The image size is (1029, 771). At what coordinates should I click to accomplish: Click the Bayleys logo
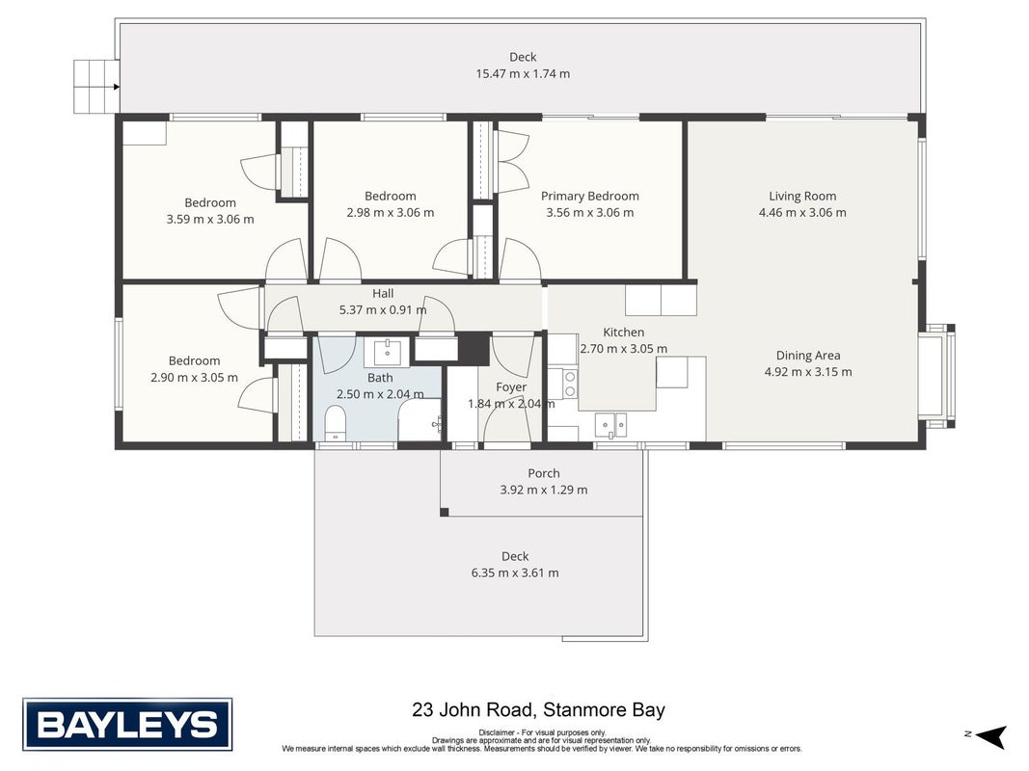(127, 725)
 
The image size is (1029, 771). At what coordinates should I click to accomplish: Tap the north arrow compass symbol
(991, 735)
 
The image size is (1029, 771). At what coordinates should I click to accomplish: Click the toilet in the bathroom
(336, 423)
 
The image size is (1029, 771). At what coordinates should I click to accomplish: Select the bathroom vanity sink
(387, 353)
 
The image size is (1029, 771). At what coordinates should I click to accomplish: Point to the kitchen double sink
(611, 425)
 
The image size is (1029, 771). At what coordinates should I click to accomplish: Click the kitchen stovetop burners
(570, 384)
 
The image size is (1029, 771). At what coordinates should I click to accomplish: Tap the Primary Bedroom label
(590, 196)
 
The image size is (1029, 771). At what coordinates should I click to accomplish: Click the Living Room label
(802, 196)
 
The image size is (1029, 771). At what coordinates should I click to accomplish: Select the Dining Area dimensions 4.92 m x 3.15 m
(808, 372)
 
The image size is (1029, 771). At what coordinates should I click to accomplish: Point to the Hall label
(383, 293)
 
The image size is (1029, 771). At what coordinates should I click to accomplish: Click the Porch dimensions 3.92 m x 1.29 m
(544, 490)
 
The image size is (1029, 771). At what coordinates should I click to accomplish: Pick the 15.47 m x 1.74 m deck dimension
(523, 73)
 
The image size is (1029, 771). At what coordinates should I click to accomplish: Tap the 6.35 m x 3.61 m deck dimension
(515, 573)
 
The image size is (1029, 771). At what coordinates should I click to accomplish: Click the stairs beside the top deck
(95, 86)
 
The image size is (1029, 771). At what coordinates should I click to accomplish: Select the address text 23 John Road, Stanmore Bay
(539, 710)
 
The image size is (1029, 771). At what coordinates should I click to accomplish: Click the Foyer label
(511, 386)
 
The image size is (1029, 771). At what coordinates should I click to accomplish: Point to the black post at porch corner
(445, 512)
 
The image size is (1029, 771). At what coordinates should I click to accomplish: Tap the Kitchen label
(623, 332)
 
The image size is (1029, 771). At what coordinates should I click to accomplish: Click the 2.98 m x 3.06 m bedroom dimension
(391, 212)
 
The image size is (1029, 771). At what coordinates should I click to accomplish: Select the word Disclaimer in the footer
(496, 733)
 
